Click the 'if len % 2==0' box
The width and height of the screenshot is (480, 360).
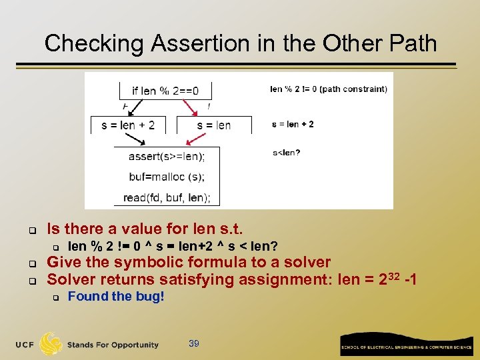[165, 91]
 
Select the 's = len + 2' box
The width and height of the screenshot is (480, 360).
[128, 125]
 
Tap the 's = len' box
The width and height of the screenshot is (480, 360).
[214, 125]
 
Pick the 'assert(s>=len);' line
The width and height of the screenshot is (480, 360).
[166, 157]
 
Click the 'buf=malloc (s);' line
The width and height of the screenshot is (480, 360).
[166, 177]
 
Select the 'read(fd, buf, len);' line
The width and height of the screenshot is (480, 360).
[166, 197]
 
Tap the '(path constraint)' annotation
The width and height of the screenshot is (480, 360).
[353, 89]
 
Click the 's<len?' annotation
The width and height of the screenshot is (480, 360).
[286, 153]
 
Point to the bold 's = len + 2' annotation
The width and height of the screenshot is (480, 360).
[293, 124]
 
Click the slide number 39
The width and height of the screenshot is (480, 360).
[194, 343]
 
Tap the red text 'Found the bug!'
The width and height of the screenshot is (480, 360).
[116, 297]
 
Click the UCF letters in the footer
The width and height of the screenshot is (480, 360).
[25, 345]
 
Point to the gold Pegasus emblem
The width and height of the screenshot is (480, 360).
[51, 343]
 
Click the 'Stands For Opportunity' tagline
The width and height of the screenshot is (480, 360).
[113, 345]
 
